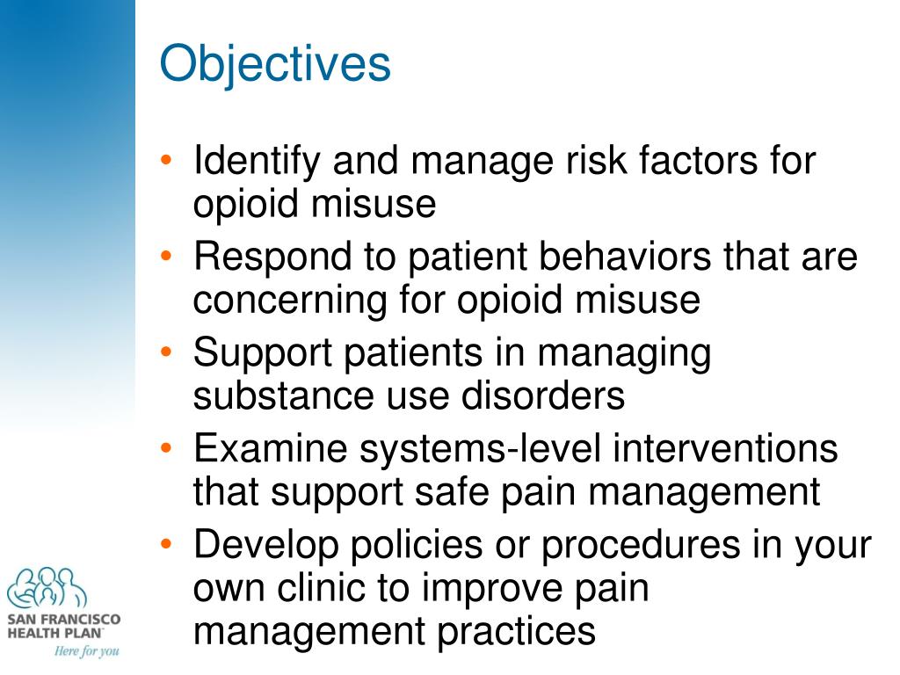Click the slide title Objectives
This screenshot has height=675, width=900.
pos(274,65)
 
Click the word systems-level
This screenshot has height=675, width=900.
pos(481,450)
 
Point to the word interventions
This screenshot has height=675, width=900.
pos(725,450)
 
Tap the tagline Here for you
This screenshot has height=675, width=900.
pos(85,651)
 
